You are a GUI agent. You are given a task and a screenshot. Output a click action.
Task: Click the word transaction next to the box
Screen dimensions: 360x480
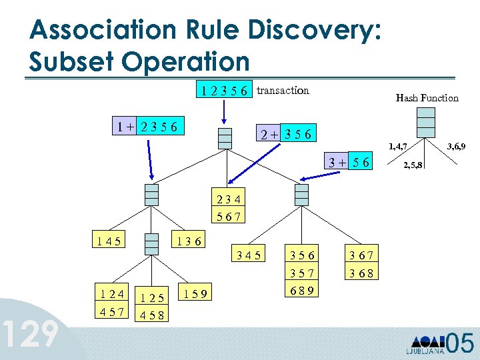[283, 90]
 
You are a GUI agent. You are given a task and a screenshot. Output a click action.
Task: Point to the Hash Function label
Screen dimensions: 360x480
[427, 98]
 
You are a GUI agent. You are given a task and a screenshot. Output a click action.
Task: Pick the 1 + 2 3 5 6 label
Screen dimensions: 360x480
[147, 127]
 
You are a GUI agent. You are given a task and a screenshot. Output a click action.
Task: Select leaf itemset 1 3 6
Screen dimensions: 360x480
[189, 238]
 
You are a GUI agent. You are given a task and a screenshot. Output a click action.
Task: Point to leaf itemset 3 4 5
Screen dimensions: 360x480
[246, 255]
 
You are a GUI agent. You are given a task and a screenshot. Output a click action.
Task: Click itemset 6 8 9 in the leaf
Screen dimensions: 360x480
[302, 290]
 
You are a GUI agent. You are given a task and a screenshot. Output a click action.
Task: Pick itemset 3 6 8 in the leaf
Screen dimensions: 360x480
[361, 273]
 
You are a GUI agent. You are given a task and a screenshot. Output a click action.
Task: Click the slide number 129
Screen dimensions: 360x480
[31, 335]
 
